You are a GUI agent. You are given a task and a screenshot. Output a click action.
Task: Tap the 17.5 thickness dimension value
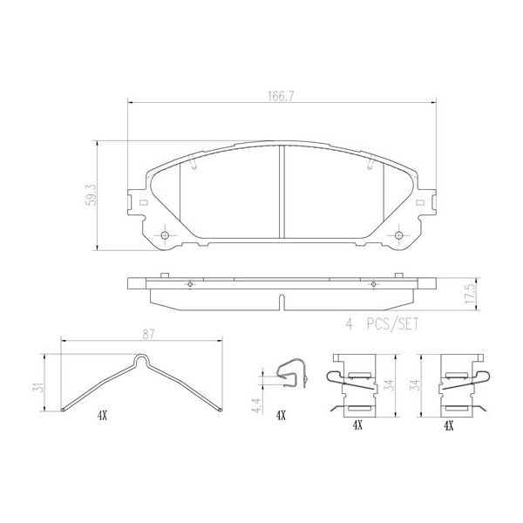pos(469,295)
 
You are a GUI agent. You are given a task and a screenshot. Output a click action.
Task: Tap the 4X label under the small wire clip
pos(280,417)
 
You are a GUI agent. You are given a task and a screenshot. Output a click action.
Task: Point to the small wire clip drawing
pos(291,377)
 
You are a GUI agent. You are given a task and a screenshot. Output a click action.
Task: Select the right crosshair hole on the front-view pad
pos(399,237)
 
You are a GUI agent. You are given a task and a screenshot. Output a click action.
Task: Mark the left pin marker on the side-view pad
pos(189,284)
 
